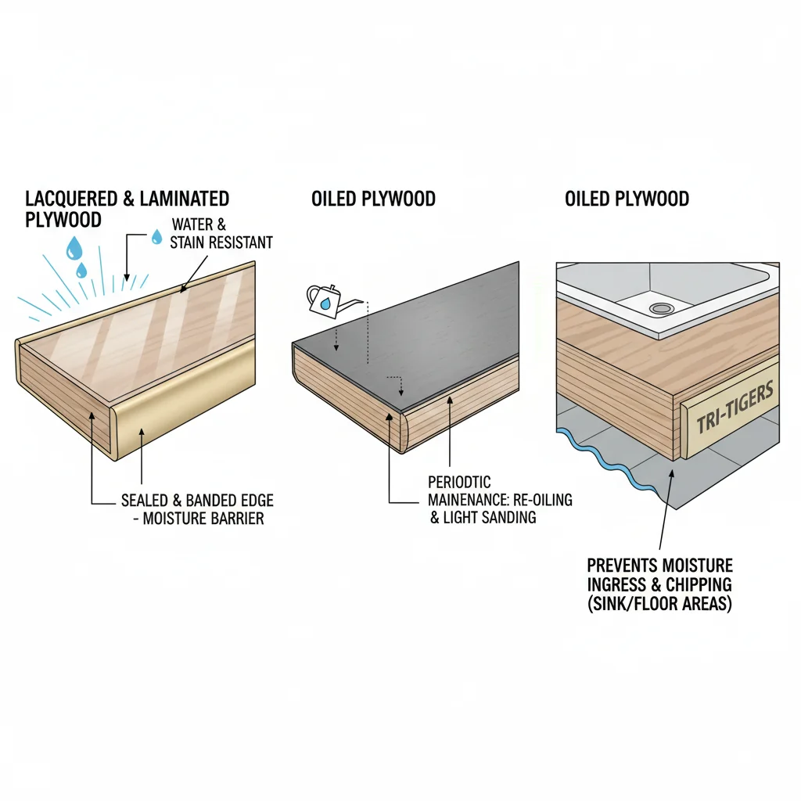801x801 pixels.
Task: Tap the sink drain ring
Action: point(662,308)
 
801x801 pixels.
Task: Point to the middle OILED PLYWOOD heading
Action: point(373,199)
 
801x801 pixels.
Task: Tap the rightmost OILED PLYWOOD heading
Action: point(627,199)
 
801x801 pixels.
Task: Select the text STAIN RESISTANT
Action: point(221,242)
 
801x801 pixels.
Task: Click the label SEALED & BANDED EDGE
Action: point(197,500)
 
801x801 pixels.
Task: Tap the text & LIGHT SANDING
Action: point(483,518)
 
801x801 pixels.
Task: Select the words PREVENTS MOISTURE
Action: point(660,566)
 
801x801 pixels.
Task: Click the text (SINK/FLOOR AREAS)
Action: point(659,604)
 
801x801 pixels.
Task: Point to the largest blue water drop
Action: point(74,249)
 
